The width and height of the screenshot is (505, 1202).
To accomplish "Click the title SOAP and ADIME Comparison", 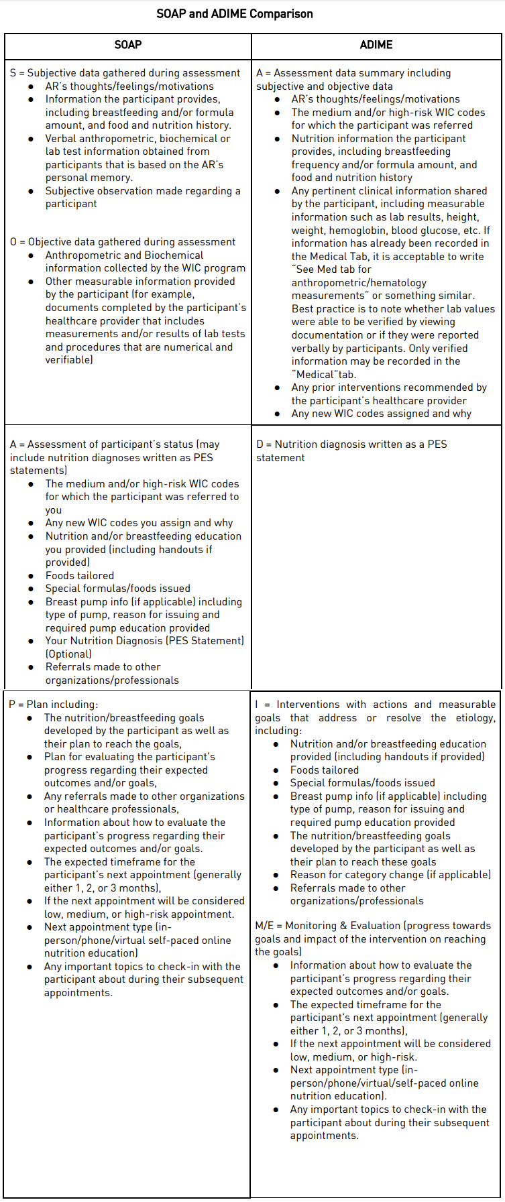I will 234,14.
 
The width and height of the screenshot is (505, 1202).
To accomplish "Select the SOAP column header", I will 127,45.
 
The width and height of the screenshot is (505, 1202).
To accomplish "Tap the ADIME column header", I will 376,45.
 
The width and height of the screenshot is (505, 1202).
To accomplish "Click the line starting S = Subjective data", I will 125,73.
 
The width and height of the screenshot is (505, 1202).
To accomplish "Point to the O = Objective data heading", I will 123,242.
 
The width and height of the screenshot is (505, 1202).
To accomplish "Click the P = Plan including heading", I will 53,705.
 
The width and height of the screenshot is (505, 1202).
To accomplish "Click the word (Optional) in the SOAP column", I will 68,654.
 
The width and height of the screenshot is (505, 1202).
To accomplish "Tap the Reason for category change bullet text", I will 390,875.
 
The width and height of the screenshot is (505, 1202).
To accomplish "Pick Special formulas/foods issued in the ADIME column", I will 362,783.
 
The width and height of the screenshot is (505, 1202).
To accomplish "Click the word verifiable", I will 68,360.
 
